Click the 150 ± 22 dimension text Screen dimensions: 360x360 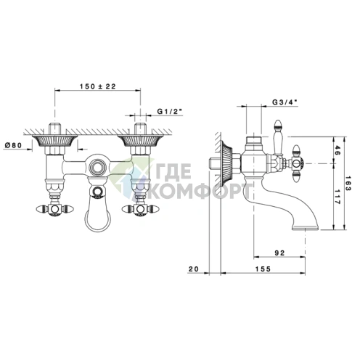pos(98,86)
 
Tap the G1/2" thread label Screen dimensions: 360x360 pos(169,111)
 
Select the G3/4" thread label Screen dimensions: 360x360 pos(285,102)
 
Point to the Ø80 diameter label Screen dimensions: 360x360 pos(13,145)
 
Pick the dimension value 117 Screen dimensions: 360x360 pos(337,197)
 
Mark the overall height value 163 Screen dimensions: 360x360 pos(348,184)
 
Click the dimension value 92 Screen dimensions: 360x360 pos(280,253)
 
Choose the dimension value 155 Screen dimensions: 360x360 pos(263,269)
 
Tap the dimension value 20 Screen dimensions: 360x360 pos(193,269)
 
